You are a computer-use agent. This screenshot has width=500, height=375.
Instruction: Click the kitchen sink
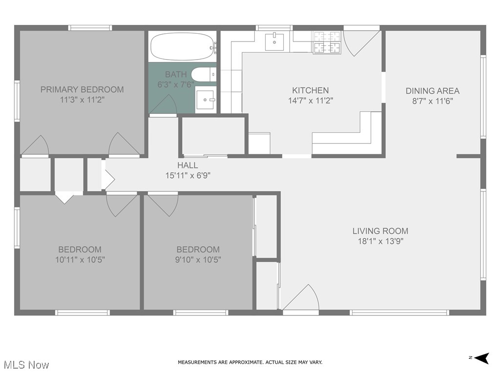coord(277,42)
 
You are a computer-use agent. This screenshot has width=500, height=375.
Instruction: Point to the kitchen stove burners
coord(327,42)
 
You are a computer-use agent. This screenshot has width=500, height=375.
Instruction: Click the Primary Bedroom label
coord(82,89)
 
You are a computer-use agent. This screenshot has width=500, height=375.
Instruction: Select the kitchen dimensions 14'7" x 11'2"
coord(310,101)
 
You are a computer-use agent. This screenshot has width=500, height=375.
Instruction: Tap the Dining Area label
coord(432,91)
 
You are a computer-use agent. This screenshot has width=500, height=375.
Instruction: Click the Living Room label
coord(380,231)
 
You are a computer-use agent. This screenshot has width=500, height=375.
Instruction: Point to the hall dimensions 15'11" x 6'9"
coord(188,175)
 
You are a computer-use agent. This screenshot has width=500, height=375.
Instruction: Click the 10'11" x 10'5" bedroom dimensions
coord(80,260)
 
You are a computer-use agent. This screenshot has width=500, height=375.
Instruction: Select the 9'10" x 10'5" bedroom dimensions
coord(198,260)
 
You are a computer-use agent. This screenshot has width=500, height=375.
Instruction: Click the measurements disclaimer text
coord(250,362)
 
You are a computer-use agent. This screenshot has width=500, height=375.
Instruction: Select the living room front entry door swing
coord(303,297)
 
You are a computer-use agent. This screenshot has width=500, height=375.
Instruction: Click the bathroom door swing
coord(164,105)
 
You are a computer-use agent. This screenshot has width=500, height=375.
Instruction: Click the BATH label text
coord(175,75)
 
